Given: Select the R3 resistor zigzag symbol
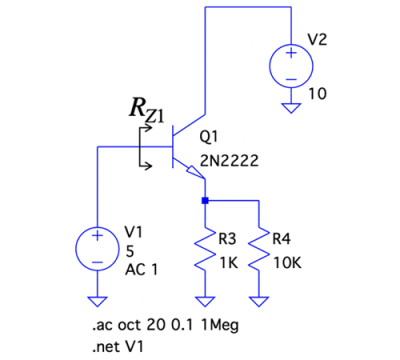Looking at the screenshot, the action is point(205,248).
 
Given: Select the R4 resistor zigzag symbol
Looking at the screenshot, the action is point(259,248).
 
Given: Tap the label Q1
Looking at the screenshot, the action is point(209,136).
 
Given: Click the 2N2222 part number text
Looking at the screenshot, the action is point(229,161).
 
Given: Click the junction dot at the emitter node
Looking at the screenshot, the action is point(205,201).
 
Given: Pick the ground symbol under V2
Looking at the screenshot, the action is point(291,108).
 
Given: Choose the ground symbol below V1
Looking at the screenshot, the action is point(97,301).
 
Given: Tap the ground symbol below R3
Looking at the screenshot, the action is point(205,301).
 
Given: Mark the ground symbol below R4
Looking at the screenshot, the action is point(259,301).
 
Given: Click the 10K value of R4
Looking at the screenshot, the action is point(288,263).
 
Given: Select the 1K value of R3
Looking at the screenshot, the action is point(229,263).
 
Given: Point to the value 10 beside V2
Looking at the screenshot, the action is point(317,94).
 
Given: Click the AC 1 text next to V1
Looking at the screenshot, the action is point(141,269).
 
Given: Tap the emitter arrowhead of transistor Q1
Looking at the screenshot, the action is point(196,172).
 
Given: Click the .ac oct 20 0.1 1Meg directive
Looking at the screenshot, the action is point(165,325).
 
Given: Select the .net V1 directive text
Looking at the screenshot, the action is point(118,347).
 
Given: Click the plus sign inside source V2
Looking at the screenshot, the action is point(291,53).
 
